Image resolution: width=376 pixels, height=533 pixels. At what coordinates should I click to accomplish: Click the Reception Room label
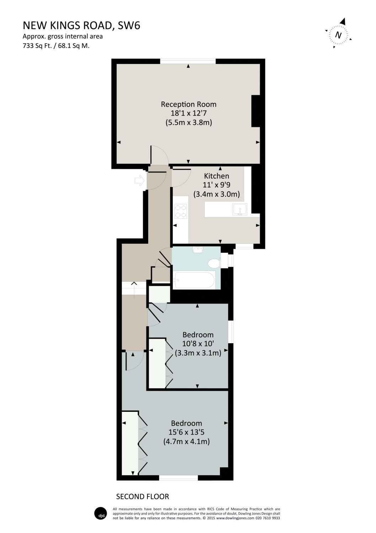(x=188, y=104)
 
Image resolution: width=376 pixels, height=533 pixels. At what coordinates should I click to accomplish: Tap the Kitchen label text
(x=216, y=176)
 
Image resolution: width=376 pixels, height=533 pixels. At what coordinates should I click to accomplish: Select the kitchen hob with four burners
(x=181, y=211)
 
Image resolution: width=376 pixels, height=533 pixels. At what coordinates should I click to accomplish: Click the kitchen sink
(x=240, y=210)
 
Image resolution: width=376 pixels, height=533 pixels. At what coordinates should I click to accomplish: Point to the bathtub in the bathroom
(x=194, y=280)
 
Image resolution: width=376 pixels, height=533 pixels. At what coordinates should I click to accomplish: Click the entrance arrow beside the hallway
(x=139, y=181)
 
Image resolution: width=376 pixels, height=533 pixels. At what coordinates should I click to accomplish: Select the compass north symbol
(x=338, y=34)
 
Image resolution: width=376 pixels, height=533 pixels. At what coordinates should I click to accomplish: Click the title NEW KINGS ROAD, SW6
(x=81, y=25)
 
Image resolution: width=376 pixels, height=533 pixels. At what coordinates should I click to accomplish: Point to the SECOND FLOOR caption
(x=143, y=496)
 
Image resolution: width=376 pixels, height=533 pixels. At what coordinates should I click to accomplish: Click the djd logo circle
(x=100, y=513)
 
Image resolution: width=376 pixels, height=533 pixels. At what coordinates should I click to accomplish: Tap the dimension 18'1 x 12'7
(x=188, y=113)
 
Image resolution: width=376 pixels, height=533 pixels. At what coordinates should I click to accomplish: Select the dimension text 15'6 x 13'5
(x=186, y=432)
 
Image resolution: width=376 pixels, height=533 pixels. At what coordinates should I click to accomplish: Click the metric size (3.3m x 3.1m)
(x=198, y=353)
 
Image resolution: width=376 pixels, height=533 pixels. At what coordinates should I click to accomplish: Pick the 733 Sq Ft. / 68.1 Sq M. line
(x=56, y=45)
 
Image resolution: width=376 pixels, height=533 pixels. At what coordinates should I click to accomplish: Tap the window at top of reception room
(x=188, y=61)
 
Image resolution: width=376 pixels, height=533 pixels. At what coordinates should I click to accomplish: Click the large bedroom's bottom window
(x=178, y=478)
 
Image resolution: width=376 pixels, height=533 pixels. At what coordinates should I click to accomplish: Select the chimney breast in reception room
(x=256, y=111)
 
